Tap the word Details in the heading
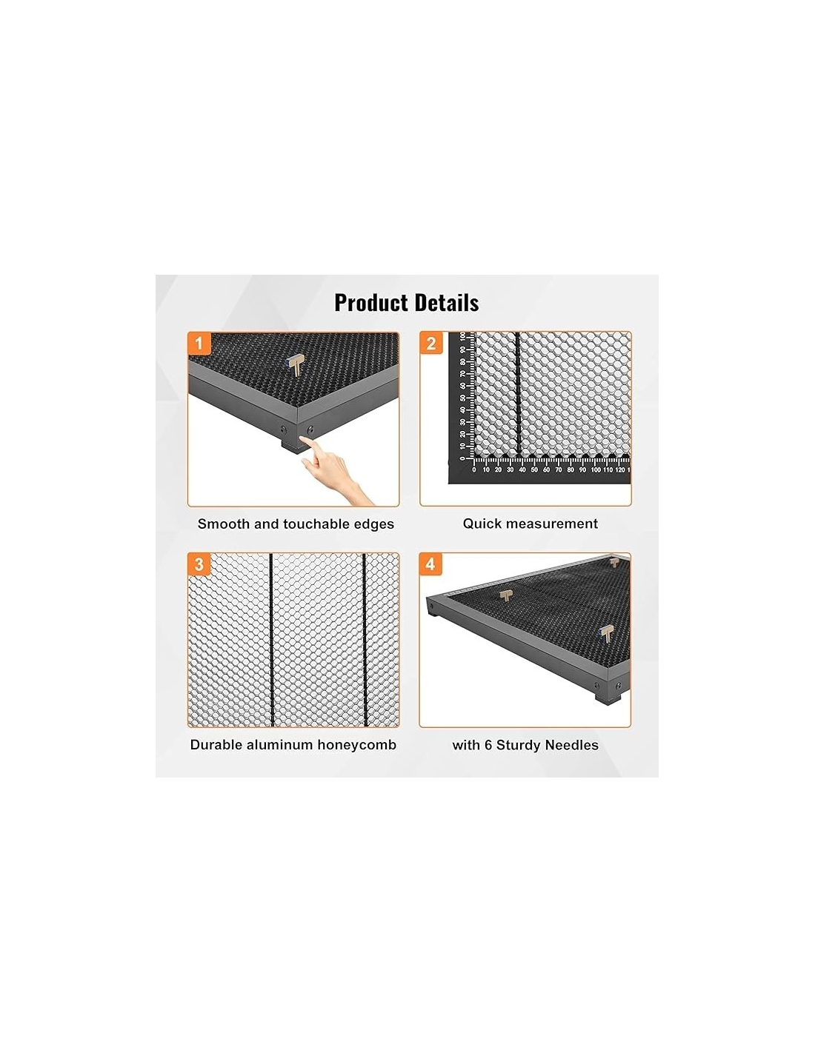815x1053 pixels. (442, 303)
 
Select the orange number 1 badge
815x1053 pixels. (199, 344)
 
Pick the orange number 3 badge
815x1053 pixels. (199, 564)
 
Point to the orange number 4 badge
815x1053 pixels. (430, 564)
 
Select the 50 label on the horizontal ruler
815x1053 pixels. (534, 469)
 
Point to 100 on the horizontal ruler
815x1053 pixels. (596, 469)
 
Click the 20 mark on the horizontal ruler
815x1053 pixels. (498, 469)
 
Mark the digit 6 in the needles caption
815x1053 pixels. (488, 745)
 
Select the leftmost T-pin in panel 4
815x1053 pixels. (506, 596)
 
